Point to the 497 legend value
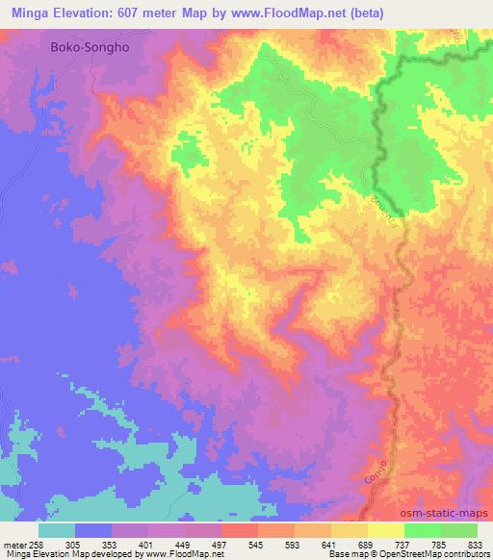221,545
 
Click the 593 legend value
294,545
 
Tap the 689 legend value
367,545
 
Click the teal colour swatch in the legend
57,530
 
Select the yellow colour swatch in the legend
385,530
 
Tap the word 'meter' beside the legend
12,545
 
